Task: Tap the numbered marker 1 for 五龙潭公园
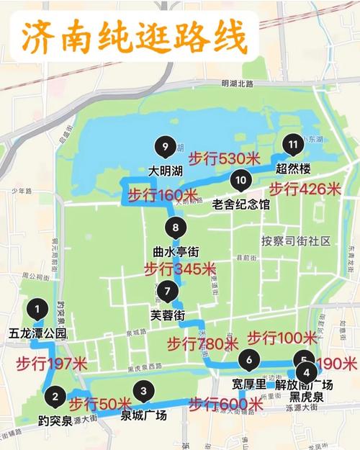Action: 37,309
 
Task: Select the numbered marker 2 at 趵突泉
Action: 55,395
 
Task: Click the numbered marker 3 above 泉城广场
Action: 144,392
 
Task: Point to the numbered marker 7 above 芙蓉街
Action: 167,292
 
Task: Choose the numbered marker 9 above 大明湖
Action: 166,148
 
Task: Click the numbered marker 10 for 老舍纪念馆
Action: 240,180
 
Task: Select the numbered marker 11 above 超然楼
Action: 291,144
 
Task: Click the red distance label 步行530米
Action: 223,158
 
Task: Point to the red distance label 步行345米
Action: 179,269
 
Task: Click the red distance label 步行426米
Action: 305,189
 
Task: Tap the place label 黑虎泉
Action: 306,397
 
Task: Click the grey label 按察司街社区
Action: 296,240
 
